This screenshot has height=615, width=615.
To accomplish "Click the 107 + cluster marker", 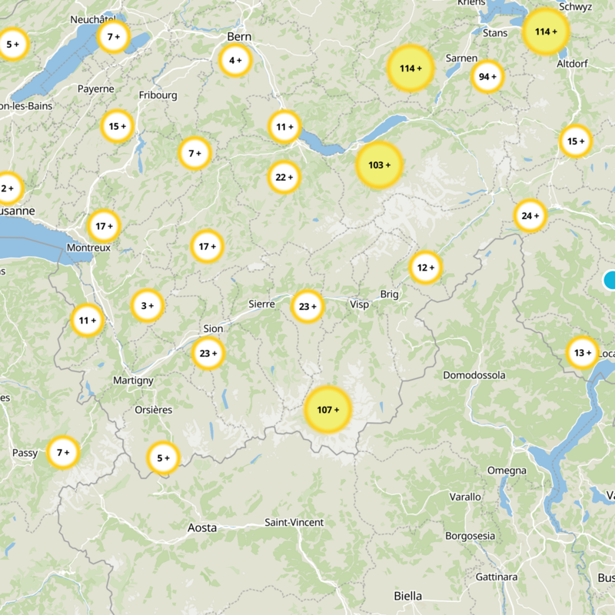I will coord(328,410).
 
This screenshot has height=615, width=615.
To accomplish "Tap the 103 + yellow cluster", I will coord(380,165).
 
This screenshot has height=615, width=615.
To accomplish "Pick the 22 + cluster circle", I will coord(284,178).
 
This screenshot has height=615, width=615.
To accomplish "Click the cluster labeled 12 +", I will coord(426,268).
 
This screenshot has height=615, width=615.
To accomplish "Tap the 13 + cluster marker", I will coord(583,353).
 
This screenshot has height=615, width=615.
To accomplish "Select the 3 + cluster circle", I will coord(147,306).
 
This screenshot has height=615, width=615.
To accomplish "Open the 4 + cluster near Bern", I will coord(235,60).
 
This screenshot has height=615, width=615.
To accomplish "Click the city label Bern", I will coord(240,37).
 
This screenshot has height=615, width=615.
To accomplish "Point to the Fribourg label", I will coord(158,95).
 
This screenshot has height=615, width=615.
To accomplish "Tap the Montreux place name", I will coord(89,248).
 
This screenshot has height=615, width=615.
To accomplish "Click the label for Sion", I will coord(213,329).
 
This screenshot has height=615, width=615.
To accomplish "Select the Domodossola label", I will coord(474,375).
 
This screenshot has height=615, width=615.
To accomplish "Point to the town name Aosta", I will coord(202,528).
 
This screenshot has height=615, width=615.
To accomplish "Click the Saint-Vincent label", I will coord(294,523).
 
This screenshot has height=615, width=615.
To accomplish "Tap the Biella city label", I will coord(407,596).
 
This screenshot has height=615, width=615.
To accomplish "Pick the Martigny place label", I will coord(133,381).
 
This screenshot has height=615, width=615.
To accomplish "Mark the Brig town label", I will coord(391,294).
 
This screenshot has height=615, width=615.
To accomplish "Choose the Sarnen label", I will coord(462,58).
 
